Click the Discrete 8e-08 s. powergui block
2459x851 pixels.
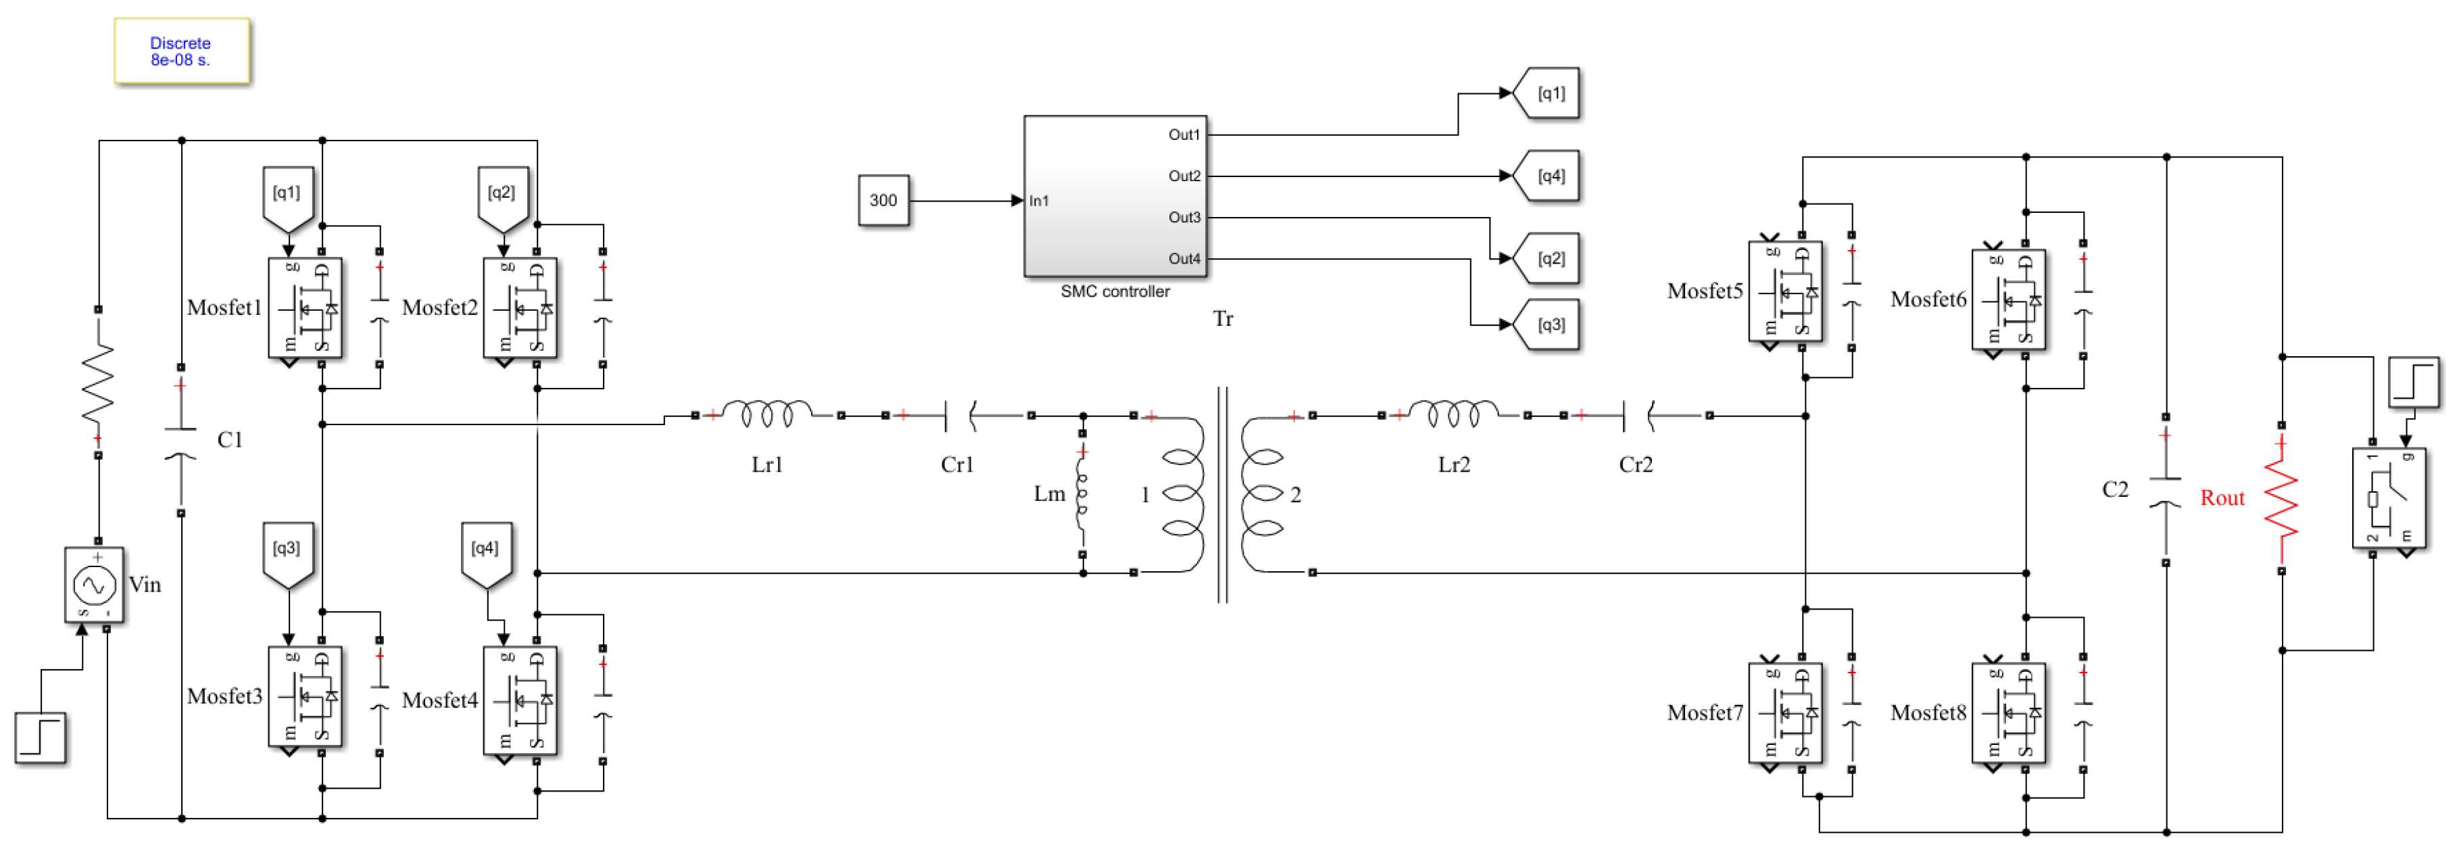181,51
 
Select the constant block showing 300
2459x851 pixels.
883,201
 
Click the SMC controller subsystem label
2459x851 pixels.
1114,291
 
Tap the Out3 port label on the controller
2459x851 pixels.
1184,218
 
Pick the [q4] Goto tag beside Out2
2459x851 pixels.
1549,176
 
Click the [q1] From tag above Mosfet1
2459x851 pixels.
287,195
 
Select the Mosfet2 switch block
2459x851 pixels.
520,308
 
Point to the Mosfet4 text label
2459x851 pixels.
439,701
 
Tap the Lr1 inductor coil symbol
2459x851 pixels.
767,414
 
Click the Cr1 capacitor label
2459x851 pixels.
956,465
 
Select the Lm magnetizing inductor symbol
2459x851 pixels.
1081,494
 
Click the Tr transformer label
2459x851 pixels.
1223,319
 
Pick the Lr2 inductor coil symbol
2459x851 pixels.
1453,414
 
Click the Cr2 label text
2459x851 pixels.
1635,465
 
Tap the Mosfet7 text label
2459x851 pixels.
1705,712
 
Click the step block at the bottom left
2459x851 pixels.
40,738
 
